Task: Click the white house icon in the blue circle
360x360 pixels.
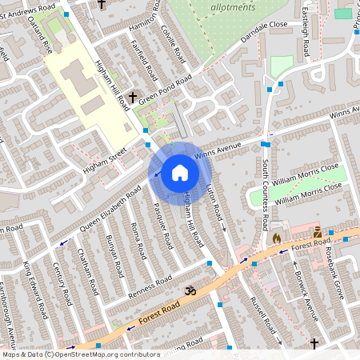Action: pyautogui.click(x=180, y=172)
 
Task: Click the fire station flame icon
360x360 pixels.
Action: pyautogui.click(x=276, y=238)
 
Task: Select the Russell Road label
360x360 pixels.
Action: pyautogui.click(x=262, y=314)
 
